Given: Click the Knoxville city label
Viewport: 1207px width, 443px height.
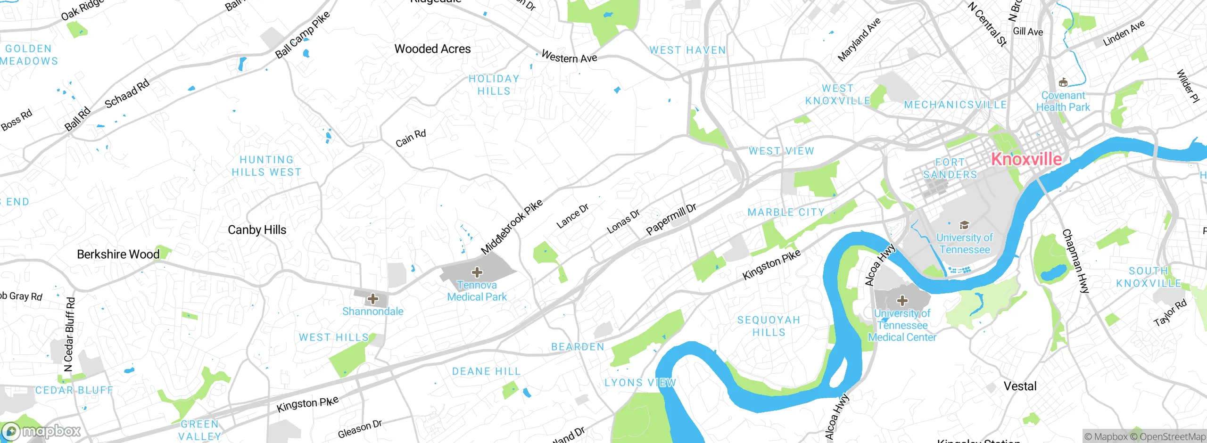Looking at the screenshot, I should point(1026,159).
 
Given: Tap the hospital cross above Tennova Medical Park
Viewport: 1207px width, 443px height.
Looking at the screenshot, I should point(477,272).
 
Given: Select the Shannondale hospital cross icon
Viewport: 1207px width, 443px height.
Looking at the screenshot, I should point(373,299).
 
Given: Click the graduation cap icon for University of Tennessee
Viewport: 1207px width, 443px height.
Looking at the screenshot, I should point(964,225).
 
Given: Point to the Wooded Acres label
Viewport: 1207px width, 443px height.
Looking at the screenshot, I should point(432,49).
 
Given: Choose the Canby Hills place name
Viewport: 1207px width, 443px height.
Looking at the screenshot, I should point(257,230).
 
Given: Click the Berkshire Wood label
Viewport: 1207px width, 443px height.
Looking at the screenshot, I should point(118,254).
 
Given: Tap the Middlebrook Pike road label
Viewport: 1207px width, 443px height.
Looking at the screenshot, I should point(512,227).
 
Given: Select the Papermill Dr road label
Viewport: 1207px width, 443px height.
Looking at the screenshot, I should point(671,220).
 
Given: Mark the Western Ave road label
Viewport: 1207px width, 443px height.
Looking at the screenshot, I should point(569,57).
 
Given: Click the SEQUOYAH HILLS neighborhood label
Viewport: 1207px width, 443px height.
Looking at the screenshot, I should point(769,326).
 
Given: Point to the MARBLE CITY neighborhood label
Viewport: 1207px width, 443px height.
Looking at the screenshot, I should point(786,213).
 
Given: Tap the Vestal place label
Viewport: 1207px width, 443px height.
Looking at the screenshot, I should point(1020,386).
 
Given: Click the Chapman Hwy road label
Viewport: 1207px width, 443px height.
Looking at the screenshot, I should point(1075,262).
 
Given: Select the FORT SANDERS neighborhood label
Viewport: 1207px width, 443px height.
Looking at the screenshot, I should point(950,169).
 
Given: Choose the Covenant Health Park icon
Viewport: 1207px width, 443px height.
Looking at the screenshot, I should point(1063,83).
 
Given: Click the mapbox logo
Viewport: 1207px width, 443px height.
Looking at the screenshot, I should point(41,431).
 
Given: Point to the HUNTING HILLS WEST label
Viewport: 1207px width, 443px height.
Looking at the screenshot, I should point(266,166).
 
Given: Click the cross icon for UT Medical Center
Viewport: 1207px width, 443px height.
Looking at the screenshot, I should point(902,301).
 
